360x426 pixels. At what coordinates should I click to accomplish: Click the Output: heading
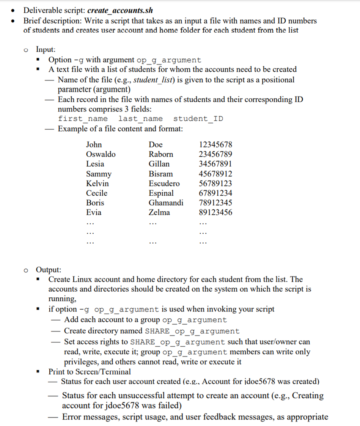[48, 270]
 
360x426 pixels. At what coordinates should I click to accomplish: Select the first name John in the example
[94, 145]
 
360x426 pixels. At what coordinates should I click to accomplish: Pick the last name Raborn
[161, 154]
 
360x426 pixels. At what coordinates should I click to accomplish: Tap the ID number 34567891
[215, 164]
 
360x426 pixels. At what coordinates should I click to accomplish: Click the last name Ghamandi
[166, 203]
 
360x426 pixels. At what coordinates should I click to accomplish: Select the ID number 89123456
[215, 212]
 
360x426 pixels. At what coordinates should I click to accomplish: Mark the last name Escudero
[164, 184]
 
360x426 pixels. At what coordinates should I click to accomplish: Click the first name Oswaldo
[101, 154]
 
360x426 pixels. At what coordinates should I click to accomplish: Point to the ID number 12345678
[215, 145]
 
